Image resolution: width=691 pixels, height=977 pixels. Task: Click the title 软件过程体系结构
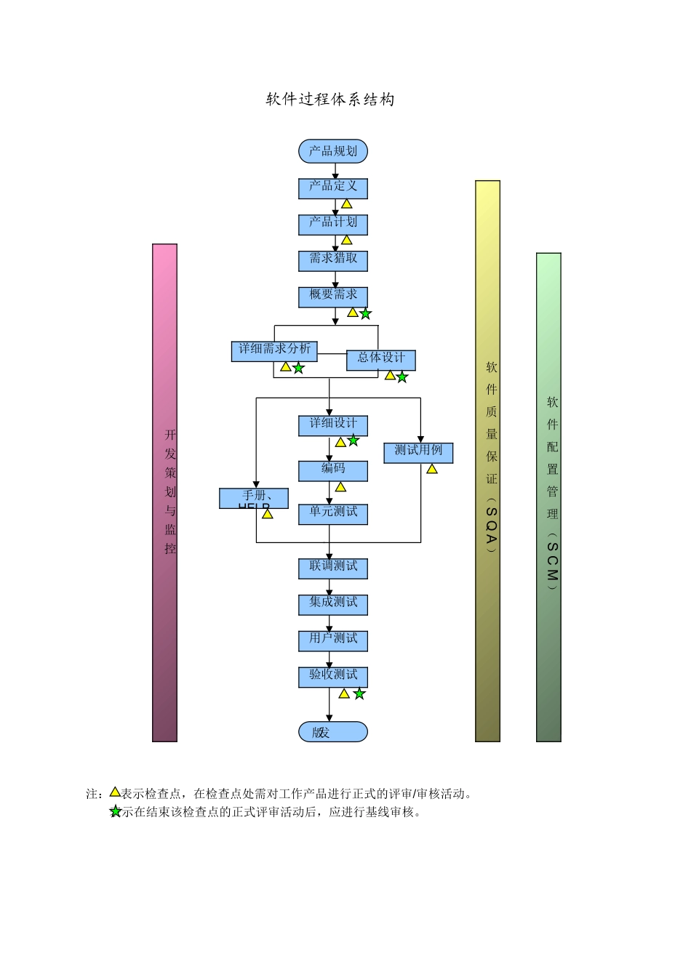[x=330, y=100]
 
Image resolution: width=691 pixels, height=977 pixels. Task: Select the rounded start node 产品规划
[x=333, y=151]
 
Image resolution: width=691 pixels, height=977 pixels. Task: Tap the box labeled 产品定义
[x=333, y=188]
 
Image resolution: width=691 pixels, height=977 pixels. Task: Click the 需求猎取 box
[x=333, y=260]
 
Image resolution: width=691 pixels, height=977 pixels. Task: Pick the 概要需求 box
[x=333, y=297]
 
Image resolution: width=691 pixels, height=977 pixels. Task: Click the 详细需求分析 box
[x=274, y=351]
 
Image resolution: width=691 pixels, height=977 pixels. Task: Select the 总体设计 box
[x=380, y=360]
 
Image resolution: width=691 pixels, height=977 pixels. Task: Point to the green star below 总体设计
[x=402, y=377]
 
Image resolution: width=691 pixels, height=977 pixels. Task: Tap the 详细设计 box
[x=333, y=425]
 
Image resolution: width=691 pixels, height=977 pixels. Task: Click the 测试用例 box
[x=418, y=452]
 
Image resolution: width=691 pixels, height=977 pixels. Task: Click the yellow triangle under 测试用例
[x=432, y=470]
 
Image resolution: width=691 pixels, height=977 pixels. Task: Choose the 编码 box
[x=333, y=470]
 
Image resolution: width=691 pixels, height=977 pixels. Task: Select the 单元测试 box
[x=333, y=514]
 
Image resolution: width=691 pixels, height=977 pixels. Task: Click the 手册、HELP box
[x=254, y=498]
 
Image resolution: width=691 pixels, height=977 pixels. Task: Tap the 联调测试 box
[x=333, y=568]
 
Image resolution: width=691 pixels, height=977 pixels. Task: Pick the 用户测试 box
[x=333, y=640]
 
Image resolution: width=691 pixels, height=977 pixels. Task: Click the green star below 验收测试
[x=359, y=694]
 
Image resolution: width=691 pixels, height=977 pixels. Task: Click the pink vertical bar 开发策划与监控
[x=165, y=492]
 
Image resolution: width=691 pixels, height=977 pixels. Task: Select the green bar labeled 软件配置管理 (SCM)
[x=548, y=496]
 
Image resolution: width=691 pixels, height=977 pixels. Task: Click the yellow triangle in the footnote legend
[x=115, y=792]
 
